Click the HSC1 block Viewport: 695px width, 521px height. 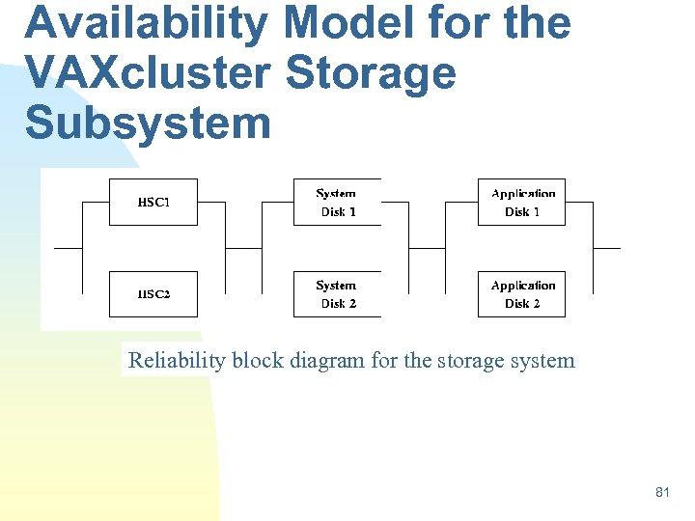(153, 203)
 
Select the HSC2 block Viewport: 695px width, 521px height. (153, 293)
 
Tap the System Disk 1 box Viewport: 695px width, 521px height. (338, 203)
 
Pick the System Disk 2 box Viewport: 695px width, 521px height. (338, 293)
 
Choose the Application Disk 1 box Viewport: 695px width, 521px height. (521, 203)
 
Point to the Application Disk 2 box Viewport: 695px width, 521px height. (521, 293)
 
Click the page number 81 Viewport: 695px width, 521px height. (662, 492)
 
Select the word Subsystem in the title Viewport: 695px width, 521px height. (148, 123)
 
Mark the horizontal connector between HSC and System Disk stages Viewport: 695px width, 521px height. (243, 248)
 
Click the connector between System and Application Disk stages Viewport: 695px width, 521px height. (428, 248)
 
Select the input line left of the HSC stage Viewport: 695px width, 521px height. (69, 248)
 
